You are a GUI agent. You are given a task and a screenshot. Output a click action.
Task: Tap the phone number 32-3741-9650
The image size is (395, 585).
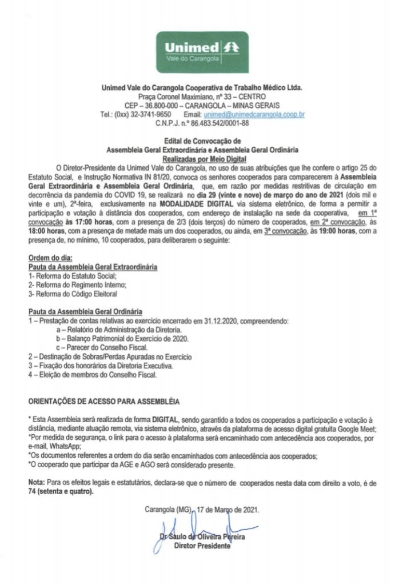[x=151, y=114]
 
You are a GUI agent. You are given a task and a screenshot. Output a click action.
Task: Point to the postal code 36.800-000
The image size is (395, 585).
[x=158, y=106]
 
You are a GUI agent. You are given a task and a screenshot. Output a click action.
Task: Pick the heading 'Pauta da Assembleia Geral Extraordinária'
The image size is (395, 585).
[x=93, y=267]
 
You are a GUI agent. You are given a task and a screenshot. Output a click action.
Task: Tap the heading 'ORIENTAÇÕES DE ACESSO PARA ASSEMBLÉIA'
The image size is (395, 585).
[x=103, y=402]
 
